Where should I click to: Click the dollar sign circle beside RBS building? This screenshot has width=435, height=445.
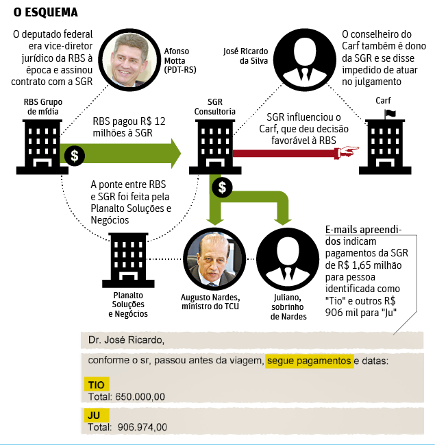coord(74,155)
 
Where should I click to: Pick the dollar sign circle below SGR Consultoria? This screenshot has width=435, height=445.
coord(221,187)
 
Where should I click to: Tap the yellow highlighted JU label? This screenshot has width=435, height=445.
coord(93,416)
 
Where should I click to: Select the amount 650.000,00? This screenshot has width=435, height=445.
coord(140,396)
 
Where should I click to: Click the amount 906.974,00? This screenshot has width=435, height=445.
coord(140,427)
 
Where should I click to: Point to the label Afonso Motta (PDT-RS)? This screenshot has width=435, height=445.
coord(177,60)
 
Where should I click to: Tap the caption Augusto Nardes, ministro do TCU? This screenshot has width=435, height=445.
coord(209,302)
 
